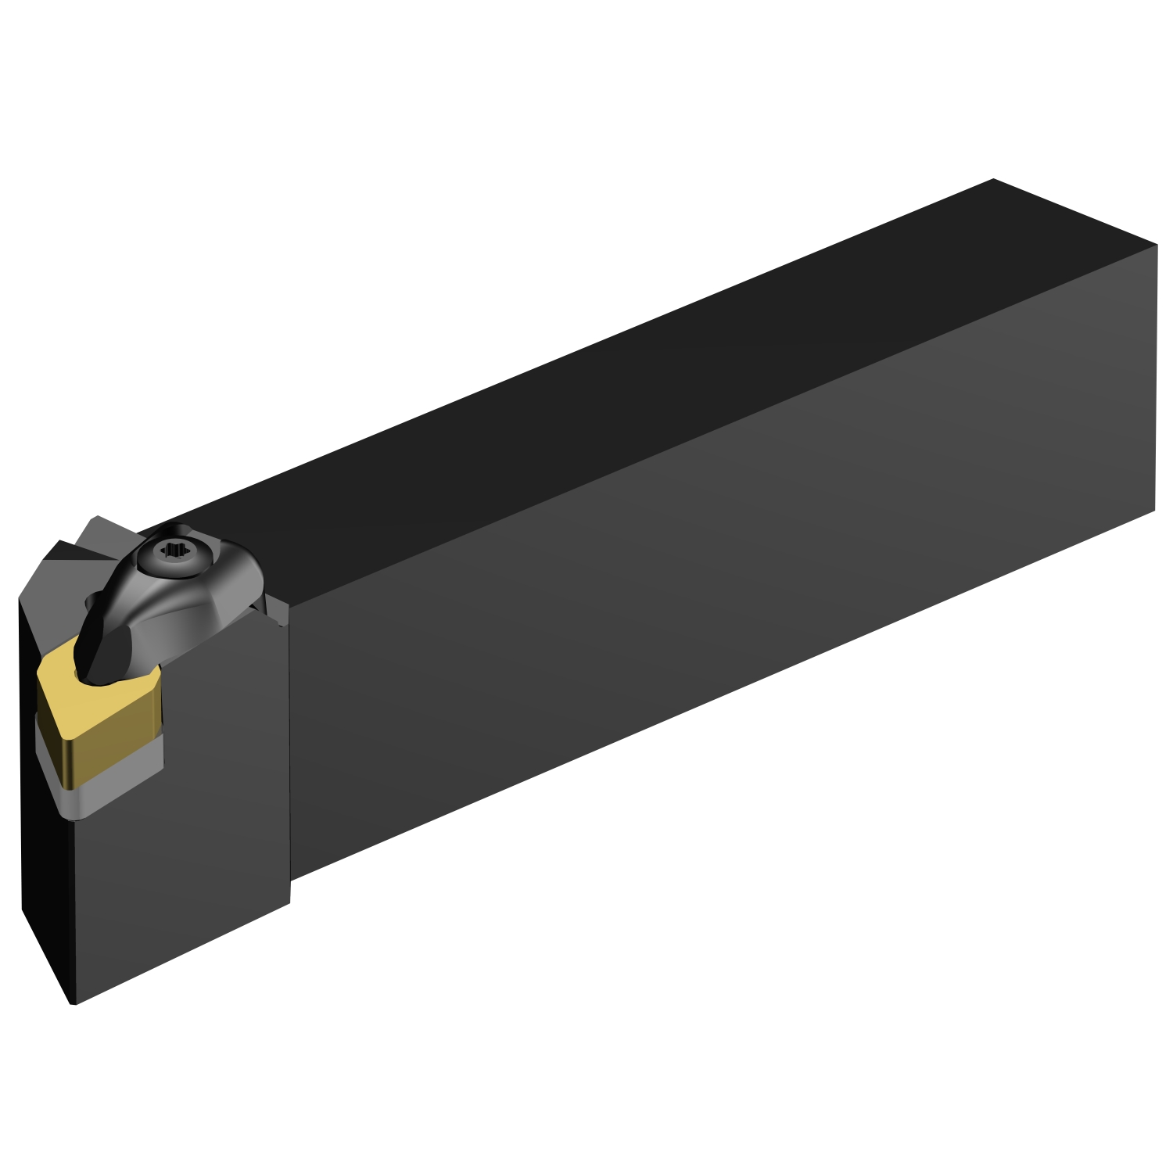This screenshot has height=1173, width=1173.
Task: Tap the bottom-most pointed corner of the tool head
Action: pos(72,1003)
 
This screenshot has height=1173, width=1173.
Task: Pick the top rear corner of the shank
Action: pos(993,179)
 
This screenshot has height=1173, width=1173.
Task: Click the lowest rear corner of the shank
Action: pos(1155,511)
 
